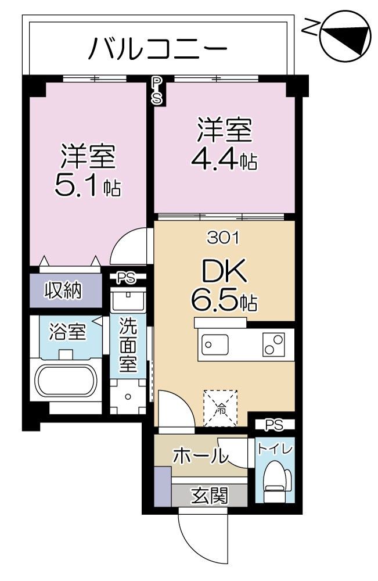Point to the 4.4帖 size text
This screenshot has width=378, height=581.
pos(224,159)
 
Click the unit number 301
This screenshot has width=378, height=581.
pos(224,238)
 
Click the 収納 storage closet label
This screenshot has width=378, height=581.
pos(64,289)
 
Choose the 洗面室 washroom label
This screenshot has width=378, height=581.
pos(128,348)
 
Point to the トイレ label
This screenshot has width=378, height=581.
pos(275,449)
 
